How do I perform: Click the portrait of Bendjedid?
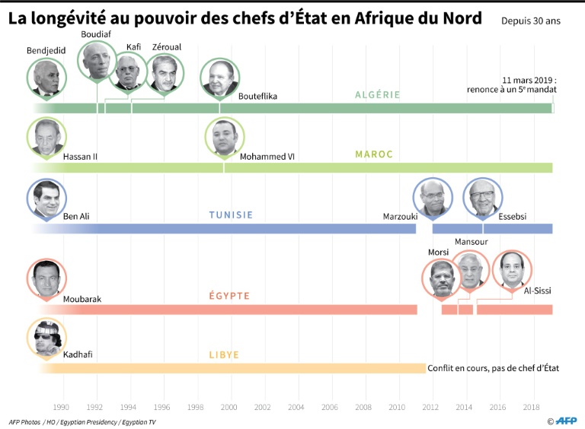(x=45, y=78)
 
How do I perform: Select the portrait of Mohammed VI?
(x=223, y=138)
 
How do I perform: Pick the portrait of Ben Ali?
(x=46, y=198)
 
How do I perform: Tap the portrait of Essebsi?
(x=482, y=198)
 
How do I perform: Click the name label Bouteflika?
(x=257, y=96)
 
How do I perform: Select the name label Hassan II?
(x=80, y=157)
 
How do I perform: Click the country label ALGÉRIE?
(x=377, y=95)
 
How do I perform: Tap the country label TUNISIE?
(x=231, y=215)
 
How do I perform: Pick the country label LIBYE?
(x=224, y=354)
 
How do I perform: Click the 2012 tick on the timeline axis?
(x=431, y=407)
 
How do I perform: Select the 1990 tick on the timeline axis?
(x=61, y=407)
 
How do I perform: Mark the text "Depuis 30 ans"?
(x=530, y=21)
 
